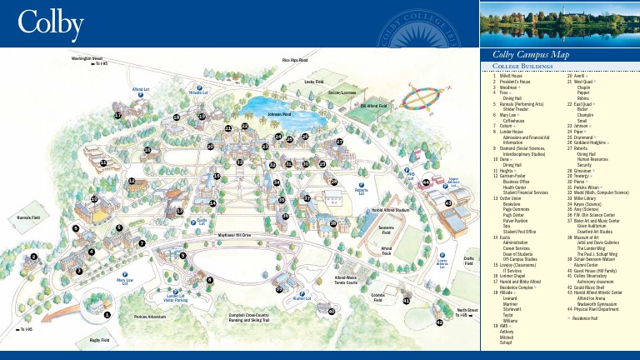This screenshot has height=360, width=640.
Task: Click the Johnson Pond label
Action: pyautogui.click(x=279, y=113)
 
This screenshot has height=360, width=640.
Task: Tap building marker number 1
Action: pyautogui.click(x=107, y=315)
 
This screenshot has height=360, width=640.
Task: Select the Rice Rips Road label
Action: pyautogui.click(x=294, y=60)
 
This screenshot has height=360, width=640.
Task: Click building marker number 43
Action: pyautogui.click(x=447, y=202)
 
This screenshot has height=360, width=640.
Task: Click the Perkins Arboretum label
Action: pyautogui.click(x=150, y=317)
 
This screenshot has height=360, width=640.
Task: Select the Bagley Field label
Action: pyautogui.click(x=99, y=340)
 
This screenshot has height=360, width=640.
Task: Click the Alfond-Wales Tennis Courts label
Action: pyautogui.click(x=346, y=280)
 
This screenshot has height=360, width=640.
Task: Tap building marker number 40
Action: pyautogui.click(x=331, y=311)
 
